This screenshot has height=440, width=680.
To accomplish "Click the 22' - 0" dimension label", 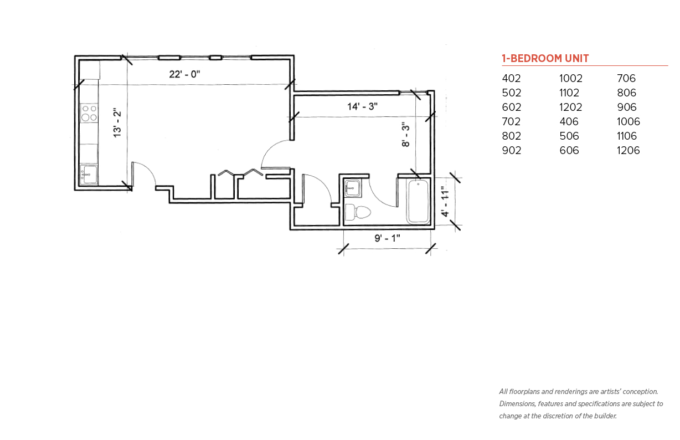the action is tap(184, 74).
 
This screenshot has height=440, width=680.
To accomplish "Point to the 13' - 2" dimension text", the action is tap(117, 122).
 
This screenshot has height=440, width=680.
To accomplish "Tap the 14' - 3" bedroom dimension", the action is tap(362, 106).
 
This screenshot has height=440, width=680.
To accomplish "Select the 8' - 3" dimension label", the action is tap(405, 135).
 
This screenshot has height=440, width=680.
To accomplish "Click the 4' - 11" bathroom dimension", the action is tap(445, 202).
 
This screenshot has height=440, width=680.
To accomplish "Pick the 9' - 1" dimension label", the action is tap(387, 238).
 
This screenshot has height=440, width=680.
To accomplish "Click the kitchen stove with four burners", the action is tap(89, 113).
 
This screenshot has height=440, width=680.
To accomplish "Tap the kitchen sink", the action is tap(89, 175).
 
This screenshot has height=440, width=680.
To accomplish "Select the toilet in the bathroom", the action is tap(358, 212).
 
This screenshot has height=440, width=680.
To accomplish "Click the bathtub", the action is tap(418, 201).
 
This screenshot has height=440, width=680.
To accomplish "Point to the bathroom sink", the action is tap(353, 188).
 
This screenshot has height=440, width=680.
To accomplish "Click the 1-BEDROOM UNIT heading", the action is tap(545, 58).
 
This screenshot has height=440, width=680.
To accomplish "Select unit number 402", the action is tap(511, 78).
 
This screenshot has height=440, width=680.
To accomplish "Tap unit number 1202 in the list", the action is tap(571, 108).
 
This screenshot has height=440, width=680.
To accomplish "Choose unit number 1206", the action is tap(628, 150).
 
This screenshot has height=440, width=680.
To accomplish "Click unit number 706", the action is tap(626, 78).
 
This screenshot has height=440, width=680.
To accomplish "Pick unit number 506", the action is tap(569, 136).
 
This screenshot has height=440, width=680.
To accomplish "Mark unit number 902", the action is tap(512, 150).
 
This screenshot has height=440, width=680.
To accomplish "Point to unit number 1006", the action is tap(628, 121).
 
